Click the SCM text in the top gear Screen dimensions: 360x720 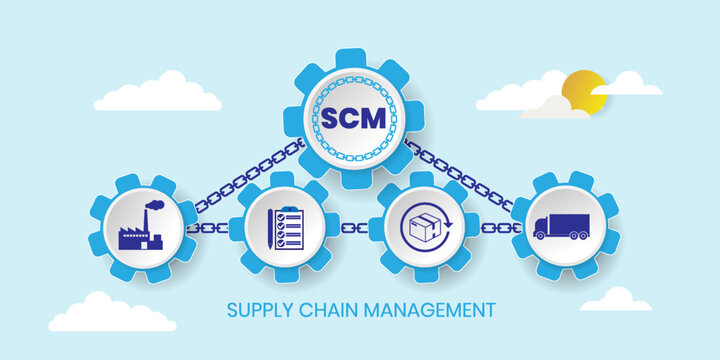353,117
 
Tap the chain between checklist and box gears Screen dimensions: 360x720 354,228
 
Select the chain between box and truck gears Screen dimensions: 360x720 497,228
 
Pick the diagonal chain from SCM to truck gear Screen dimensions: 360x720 460,176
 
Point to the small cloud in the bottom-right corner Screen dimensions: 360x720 615,300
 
